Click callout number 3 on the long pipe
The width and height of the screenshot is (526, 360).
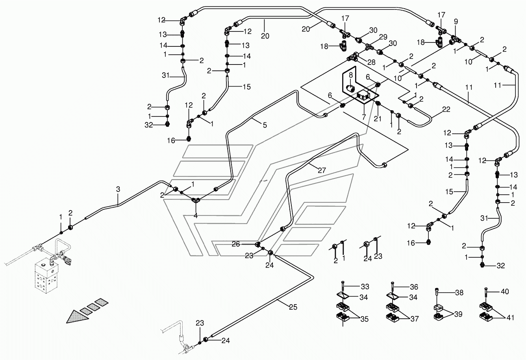pyautogui.click(x=118, y=190)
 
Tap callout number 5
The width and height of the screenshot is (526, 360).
pyautogui.click(x=265, y=125)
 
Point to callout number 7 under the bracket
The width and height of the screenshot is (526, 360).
pyautogui.click(x=363, y=117)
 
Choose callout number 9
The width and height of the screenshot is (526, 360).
pyautogui.click(x=456, y=22)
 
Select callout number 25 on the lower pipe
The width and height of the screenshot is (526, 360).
pyautogui.click(x=293, y=307)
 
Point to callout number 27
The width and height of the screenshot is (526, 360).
pyautogui.click(x=322, y=170)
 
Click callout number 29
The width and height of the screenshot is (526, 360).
pyautogui.click(x=383, y=37)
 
